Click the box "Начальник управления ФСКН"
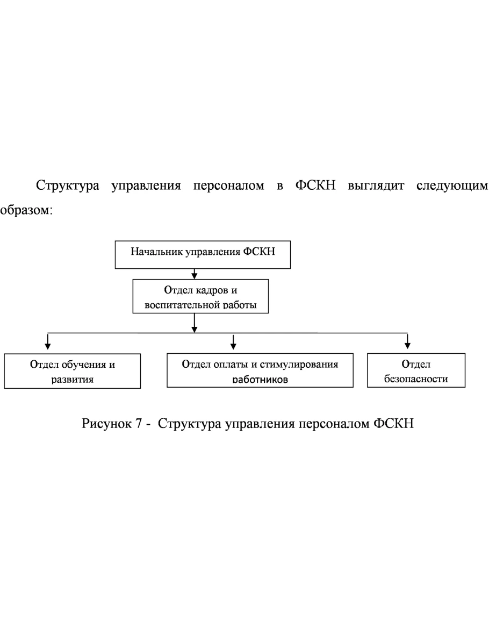point(203,254)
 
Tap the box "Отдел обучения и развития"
point(72,370)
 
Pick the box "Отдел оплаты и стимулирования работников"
point(260,370)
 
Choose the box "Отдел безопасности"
point(416,370)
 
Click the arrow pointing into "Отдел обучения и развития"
point(48,341)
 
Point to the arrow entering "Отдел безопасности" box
point(408,341)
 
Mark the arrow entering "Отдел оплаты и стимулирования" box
point(233,341)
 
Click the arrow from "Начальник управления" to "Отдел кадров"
point(195,274)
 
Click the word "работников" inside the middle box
point(260,379)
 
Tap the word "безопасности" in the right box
point(416,379)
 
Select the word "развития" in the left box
point(72,379)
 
